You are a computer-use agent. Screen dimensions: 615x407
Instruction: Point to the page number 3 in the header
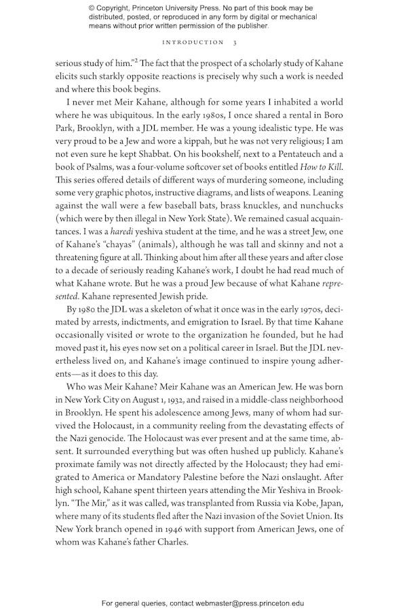click(x=235, y=42)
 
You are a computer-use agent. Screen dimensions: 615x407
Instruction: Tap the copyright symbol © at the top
click(x=92, y=8)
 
